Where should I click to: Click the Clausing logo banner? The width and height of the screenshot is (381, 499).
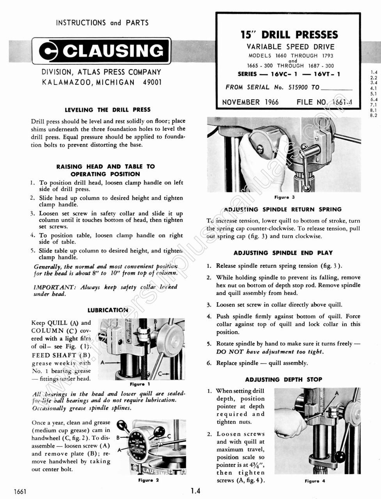(101, 51)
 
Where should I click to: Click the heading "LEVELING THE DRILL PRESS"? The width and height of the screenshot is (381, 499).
(107, 110)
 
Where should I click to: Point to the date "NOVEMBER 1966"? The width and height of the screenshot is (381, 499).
(250, 102)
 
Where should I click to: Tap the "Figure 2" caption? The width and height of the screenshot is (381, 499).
(148, 480)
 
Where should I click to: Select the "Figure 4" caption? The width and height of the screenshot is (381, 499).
(315, 481)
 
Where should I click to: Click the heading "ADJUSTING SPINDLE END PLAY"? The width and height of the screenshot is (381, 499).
(283, 253)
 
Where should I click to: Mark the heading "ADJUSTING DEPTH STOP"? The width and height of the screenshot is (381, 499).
(284, 379)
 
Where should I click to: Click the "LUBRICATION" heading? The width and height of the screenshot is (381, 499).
(108, 310)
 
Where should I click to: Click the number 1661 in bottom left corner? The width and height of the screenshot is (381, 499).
(19, 492)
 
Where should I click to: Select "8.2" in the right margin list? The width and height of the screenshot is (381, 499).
(373, 115)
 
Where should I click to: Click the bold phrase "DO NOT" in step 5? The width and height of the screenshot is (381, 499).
(229, 352)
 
